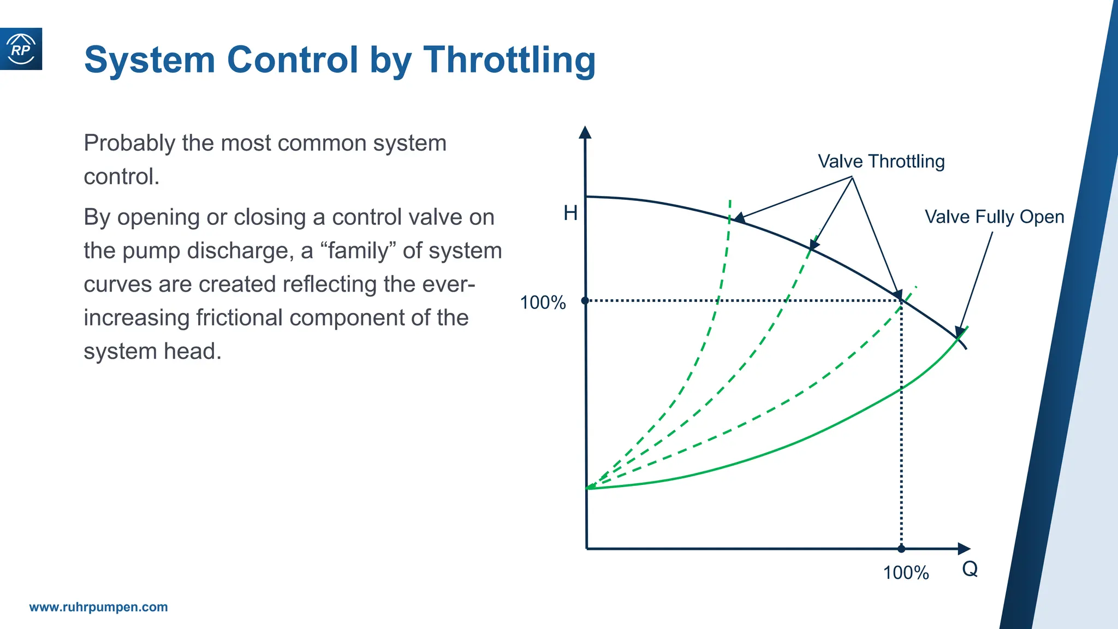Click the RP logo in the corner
pos(21,49)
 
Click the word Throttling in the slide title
pos(509,60)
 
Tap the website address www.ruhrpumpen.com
pos(98,607)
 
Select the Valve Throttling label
pos(881,162)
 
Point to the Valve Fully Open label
pos(994,217)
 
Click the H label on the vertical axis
pos(570,213)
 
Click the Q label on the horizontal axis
pos(970,569)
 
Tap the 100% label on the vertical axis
pos(543,302)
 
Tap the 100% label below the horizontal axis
pos(906,573)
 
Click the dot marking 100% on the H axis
pos(585,301)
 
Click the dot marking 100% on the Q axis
pos(901,549)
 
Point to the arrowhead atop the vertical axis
pos(585,133)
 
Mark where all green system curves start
pos(587,488)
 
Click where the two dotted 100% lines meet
pos(901,301)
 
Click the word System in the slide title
pos(150,60)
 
